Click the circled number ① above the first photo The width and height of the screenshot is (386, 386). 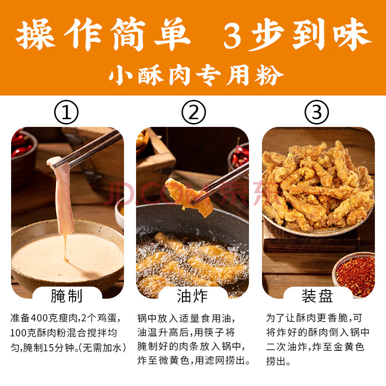click(x=66, y=112)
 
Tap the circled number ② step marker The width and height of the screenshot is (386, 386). click(x=193, y=112)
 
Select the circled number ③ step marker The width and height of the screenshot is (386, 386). click(x=317, y=112)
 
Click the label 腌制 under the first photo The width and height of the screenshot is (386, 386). click(x=67, y=296)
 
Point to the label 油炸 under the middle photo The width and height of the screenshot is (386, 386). click(x=192, y=296)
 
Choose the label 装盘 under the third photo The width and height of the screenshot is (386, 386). click(x=317, y=296)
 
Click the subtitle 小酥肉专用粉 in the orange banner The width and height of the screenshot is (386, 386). click(x=196, y=75)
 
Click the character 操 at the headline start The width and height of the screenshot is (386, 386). click(x=35, y=34)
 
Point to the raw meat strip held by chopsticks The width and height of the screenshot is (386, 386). click(x=62, y=194)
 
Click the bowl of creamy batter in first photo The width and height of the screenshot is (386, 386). click(x=67, y=256)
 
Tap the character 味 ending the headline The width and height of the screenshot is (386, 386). click(x=352, y=34)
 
